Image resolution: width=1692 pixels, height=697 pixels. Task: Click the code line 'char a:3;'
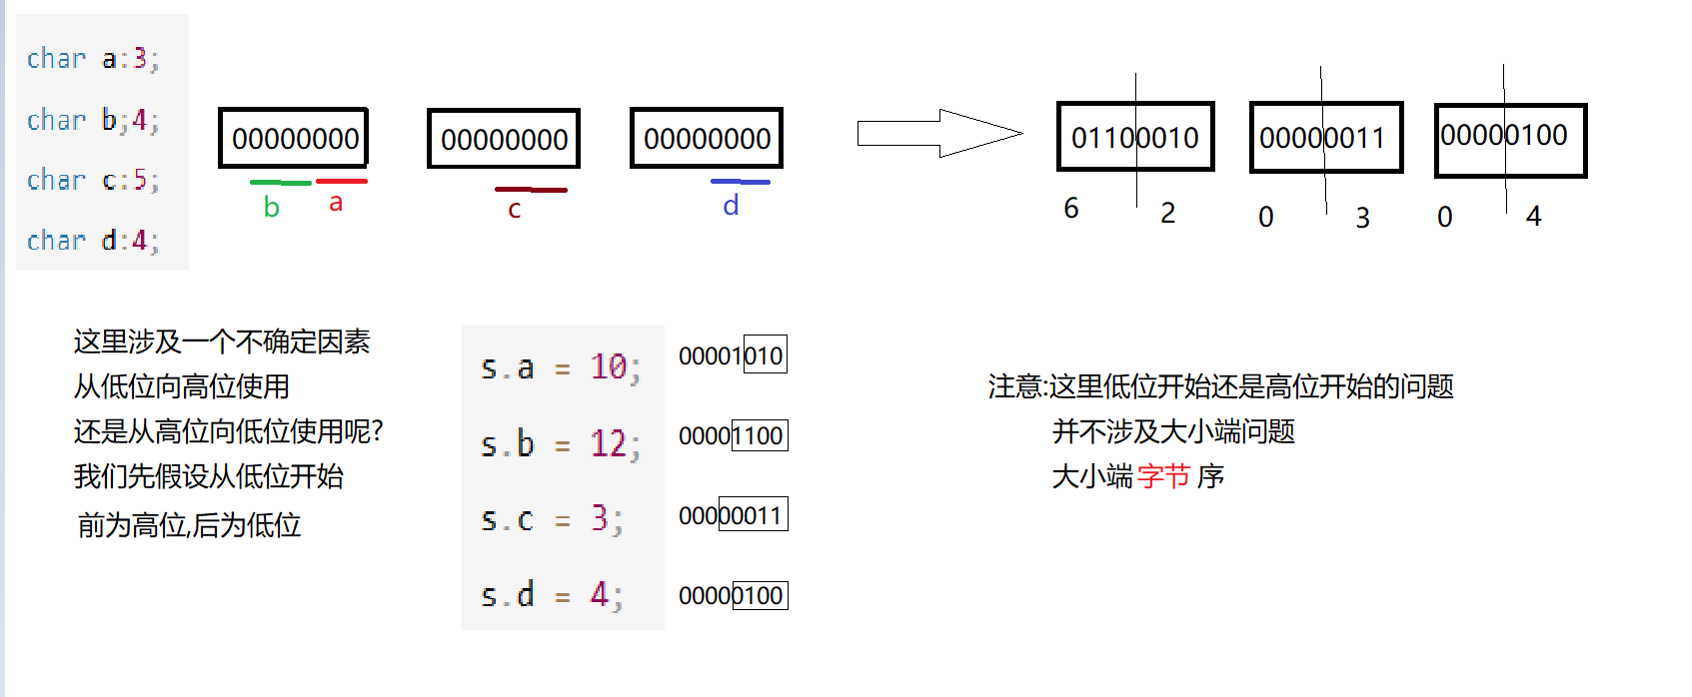(93, 59)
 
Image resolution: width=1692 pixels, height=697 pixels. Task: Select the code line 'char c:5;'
(93, 181)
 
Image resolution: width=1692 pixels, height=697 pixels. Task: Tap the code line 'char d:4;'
(93, 241)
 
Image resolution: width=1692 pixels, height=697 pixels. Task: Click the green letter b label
(271, 207)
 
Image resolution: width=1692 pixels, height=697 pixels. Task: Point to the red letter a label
(336, 203)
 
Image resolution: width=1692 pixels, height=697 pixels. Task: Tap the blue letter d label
(731, 205)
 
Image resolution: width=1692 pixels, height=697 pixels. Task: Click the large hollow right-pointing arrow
(939, 134)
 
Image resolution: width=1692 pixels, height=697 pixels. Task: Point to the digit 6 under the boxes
(1071, 208)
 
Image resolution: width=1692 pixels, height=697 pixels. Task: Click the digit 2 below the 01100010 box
(1167, 214)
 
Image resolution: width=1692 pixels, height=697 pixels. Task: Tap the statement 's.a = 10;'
(561, 368)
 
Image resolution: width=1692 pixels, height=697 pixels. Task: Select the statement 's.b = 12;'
(561, 443)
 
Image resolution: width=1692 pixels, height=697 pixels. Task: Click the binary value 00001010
(732, 355)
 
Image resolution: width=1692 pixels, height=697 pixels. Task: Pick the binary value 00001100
(732, 436)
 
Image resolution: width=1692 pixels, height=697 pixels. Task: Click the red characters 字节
(1164, 476)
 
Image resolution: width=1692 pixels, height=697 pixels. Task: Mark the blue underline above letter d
(741, 182)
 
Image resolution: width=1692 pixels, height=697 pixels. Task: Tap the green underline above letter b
(280, 183)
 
